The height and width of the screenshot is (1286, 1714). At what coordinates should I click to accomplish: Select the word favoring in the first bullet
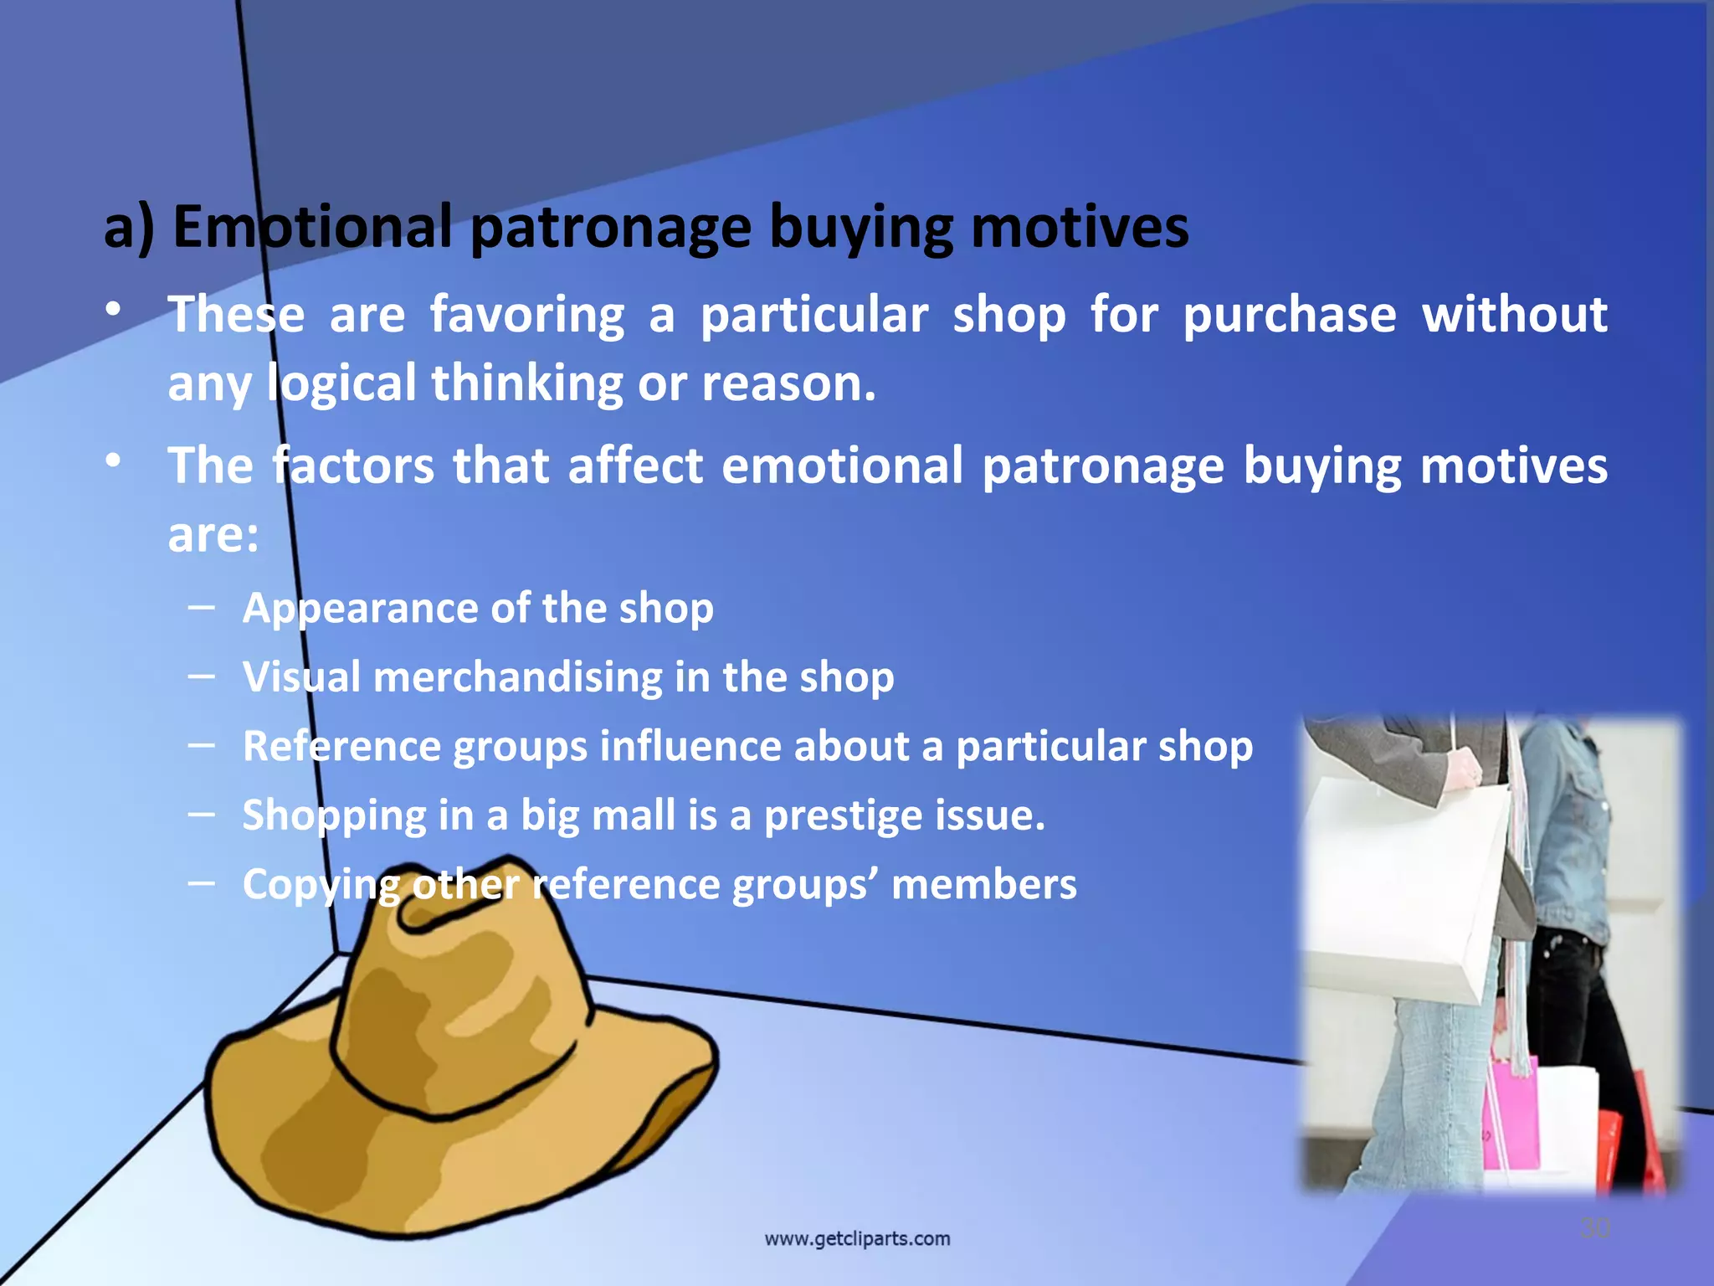click(x=527, y=316)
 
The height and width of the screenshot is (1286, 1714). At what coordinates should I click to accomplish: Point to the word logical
click(x=341, y=384)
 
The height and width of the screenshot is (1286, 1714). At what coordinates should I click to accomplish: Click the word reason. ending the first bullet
click(x=788, y=384)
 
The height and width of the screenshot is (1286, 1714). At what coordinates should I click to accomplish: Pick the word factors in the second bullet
click(x=353, y=466)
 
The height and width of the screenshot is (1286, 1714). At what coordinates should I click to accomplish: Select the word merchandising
click(x=517, y=676)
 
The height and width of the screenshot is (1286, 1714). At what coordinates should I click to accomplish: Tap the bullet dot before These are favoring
click(x=114, y=310)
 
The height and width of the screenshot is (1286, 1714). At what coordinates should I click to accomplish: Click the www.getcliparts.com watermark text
click(x=857, y=1238)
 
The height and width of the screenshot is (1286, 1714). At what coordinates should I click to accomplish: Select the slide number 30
click(x=1594, y=1228)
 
